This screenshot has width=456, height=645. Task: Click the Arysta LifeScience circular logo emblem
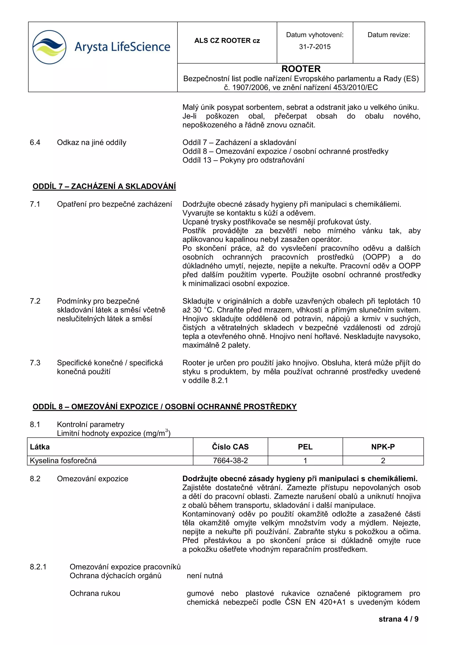[x=49, y=47]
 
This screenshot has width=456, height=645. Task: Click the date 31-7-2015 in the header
[x=315, y=47]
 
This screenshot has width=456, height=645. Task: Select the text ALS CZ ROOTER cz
[x=227, y=41]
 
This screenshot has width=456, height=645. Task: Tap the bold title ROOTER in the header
[x=301, y=69]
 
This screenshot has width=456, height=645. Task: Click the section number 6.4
[x=35, y=142]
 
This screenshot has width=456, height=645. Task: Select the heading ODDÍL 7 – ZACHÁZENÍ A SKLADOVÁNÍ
[x=104, y=186]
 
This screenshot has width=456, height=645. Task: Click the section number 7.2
[x=35, y=301]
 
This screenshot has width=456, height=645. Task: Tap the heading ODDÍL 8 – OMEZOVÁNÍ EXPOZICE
[x=165, y=406]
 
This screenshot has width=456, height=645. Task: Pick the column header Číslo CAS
[x=230, y=447]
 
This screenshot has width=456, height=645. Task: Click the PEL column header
[x=305, y=447]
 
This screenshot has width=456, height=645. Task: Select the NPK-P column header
[x=383, y=447]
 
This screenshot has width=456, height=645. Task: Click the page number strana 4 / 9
[x=398, y=619]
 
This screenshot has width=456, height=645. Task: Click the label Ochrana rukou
[x=95, y=593]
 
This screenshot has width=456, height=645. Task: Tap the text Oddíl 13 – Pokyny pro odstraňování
[x=243, y=160]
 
